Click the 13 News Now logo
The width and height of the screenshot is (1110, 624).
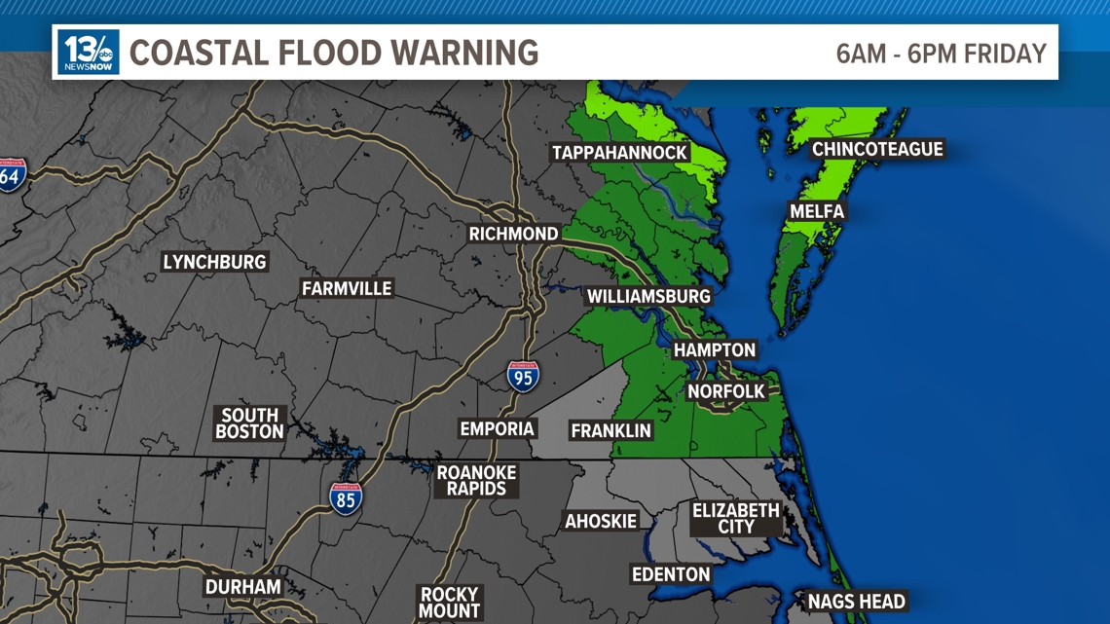89,52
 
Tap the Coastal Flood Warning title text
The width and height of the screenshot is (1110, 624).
334,53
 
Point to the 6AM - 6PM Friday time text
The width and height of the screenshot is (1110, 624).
941,54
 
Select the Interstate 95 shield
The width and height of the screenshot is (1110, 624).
523,377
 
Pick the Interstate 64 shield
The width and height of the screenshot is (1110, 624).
11,175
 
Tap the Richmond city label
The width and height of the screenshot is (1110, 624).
513,234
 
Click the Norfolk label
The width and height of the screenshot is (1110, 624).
726,391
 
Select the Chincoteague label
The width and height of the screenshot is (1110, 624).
877,149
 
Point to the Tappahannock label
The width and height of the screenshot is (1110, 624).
620,153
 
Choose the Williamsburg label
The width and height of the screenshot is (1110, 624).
648,296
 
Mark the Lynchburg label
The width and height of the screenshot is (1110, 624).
214,262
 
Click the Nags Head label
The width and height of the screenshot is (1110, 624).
857,602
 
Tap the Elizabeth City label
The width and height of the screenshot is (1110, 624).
736,518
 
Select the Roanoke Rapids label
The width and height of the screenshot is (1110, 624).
476,480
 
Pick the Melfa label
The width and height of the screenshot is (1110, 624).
817,211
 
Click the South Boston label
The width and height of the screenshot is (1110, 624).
249,423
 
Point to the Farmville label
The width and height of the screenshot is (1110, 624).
347,289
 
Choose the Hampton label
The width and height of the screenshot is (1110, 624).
715,349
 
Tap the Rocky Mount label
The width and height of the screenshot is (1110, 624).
449,602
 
